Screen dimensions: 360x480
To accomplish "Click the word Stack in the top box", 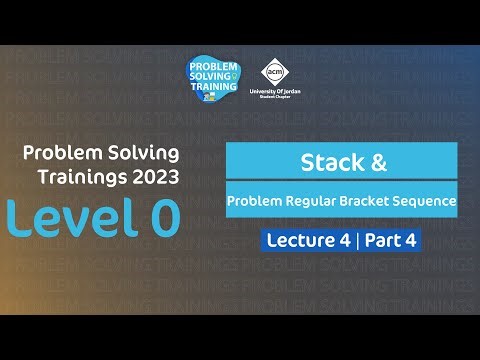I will coord(325,161).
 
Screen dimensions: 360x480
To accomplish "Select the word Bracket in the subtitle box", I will coord(366,202).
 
